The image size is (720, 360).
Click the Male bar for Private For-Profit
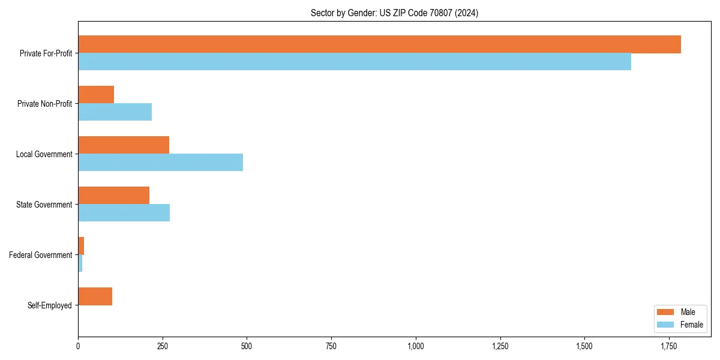379,44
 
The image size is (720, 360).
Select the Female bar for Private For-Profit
355,62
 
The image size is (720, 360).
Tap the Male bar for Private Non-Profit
96,95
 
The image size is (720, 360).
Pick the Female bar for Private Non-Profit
115,112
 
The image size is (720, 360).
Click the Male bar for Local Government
124,145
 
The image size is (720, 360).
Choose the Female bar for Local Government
160,163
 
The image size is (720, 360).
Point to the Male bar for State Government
113,196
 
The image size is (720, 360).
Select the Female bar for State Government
124,213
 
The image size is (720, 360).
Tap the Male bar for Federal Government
81,246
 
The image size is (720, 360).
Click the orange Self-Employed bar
95,296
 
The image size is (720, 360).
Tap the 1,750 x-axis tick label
669,346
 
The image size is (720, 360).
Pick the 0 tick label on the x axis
78,346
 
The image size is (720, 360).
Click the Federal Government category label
41,255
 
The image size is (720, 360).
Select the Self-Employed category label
50,305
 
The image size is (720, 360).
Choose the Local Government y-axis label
44,154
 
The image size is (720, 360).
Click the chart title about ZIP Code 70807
394,13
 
